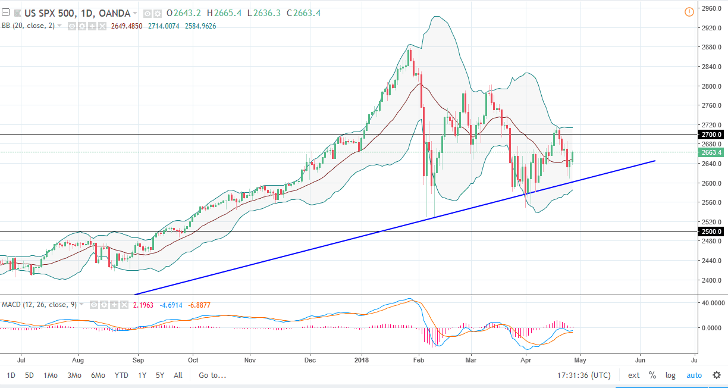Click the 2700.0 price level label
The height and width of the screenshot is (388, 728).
[x=711, y=134]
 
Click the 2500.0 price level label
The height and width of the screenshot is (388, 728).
[x=711, y=231]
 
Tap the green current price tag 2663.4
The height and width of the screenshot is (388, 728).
[x=711, y=152]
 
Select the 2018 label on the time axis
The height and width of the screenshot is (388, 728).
[x=362, y=360]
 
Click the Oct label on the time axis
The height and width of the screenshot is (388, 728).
[x=193, y=360]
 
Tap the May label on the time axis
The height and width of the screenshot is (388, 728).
[x=580, y=360]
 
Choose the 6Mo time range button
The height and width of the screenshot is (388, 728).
[x=98, y=376]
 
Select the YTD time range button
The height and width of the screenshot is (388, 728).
[x=121, y=376]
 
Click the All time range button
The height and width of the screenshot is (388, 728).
[x=178, y=376]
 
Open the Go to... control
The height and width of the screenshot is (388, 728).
[x=212, y=376]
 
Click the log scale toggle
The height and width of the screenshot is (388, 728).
[x=670, y=376]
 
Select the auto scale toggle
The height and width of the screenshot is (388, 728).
[x=694, y=376]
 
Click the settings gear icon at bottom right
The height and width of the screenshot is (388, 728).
[x=717, y=376]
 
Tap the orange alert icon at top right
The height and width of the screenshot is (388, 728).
[x=689, y=11]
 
